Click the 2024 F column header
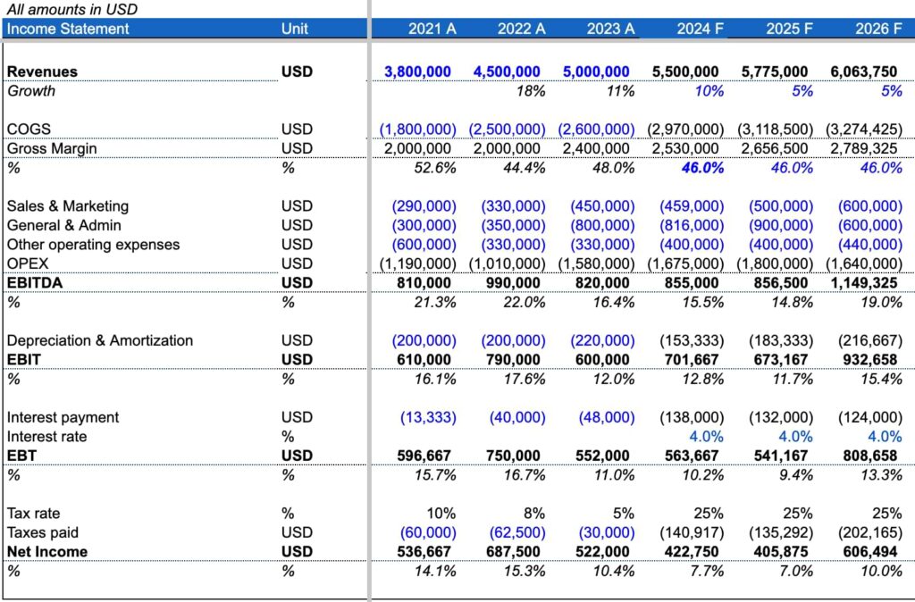coord(700,29)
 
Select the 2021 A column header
coord(432,29)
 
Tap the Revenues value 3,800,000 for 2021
coord(417,71)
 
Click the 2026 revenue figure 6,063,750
coord(864,71)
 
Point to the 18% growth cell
coord(531,91)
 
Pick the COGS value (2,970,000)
coord(685,129)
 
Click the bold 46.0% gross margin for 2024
coord(702,168)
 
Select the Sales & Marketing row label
coord(68,206)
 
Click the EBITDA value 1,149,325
coord(864,283)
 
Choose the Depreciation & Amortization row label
coord(100,340)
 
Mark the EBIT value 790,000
coord(513,359)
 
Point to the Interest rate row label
coord(46,437)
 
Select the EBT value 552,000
coord(602,456)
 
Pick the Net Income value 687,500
coord(513,552)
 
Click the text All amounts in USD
coord(72,9)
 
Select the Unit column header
coord(295,29)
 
